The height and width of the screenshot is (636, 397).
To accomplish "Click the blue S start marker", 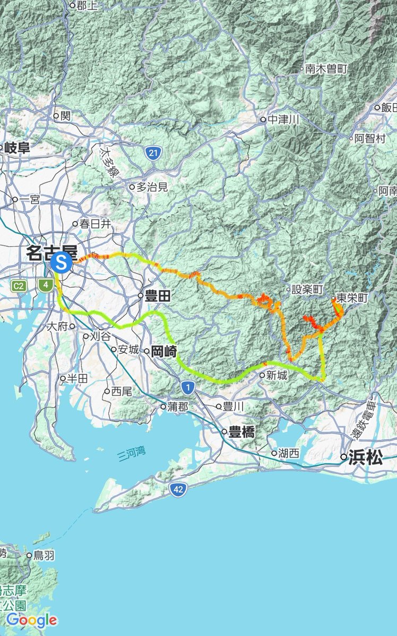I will click(x=62, y=261).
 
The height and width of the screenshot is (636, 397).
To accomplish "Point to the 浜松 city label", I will click(x=365, y=458).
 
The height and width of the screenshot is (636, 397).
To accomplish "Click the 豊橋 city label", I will click(x=241, y=432).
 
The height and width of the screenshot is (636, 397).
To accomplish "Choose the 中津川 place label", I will click(x=283, y=120).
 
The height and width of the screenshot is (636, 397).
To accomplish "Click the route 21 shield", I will click(x=153, y=154).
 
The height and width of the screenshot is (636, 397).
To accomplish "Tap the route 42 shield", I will click(x=178, y=490).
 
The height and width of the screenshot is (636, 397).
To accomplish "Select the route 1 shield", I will click(x=187, y=388).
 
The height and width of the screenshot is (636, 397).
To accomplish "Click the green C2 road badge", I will click(x=19, y=286).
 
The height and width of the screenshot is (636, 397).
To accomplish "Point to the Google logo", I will click(x=32, y=620).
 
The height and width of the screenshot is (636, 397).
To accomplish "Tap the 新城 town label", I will click(x=277, y=375).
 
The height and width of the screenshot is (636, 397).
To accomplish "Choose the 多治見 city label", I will click(x=152, y=187).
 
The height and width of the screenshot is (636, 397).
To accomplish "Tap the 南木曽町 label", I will click(x=326, y=68).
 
